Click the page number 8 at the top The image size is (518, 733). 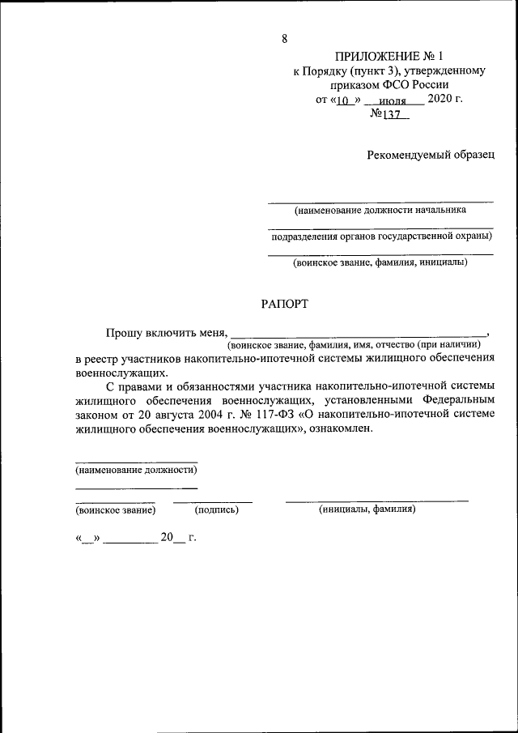click(285, 39)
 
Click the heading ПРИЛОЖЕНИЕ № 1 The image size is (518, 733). click(389, 56)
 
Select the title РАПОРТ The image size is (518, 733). click(284, 304)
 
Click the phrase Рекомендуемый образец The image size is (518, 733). click(430, 154)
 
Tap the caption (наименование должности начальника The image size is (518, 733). click(380, 209)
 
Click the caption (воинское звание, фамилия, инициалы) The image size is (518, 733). click(380, 262)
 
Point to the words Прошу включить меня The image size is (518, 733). click(167, 332)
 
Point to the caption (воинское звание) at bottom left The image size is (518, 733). click(115, 510)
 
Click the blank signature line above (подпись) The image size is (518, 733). click(213, 501)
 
